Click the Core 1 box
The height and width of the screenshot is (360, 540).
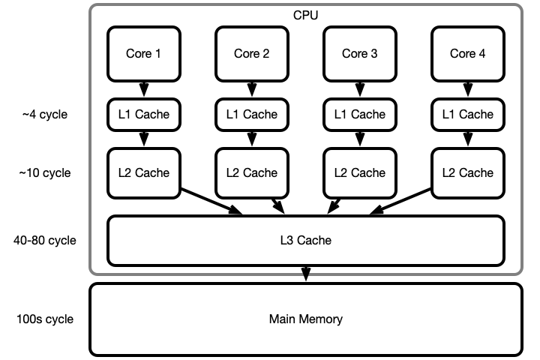144,54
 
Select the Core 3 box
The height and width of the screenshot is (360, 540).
360,54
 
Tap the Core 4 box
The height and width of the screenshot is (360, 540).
468,54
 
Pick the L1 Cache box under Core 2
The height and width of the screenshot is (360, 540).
252,115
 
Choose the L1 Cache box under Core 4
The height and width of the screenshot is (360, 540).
468,115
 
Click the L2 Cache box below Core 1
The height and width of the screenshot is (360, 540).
144,173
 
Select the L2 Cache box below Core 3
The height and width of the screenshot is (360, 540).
360,173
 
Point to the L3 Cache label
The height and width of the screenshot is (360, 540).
306,241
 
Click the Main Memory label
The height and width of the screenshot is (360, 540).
306,319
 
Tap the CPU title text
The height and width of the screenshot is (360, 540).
306,16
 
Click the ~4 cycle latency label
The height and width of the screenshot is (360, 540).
45,115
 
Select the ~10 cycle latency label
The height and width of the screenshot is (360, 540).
45,173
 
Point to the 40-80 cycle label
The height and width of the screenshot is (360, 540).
45,241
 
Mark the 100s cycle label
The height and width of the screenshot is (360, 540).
45,319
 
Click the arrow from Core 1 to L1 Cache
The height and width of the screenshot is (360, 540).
144,89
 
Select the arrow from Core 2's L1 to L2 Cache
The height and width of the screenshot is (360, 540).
252,139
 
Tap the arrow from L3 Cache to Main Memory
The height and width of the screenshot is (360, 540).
306,274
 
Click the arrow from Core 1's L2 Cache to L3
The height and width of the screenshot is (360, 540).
211,202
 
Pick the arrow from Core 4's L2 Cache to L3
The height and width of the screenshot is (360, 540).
400,202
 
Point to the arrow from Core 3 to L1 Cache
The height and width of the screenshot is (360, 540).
360,89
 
